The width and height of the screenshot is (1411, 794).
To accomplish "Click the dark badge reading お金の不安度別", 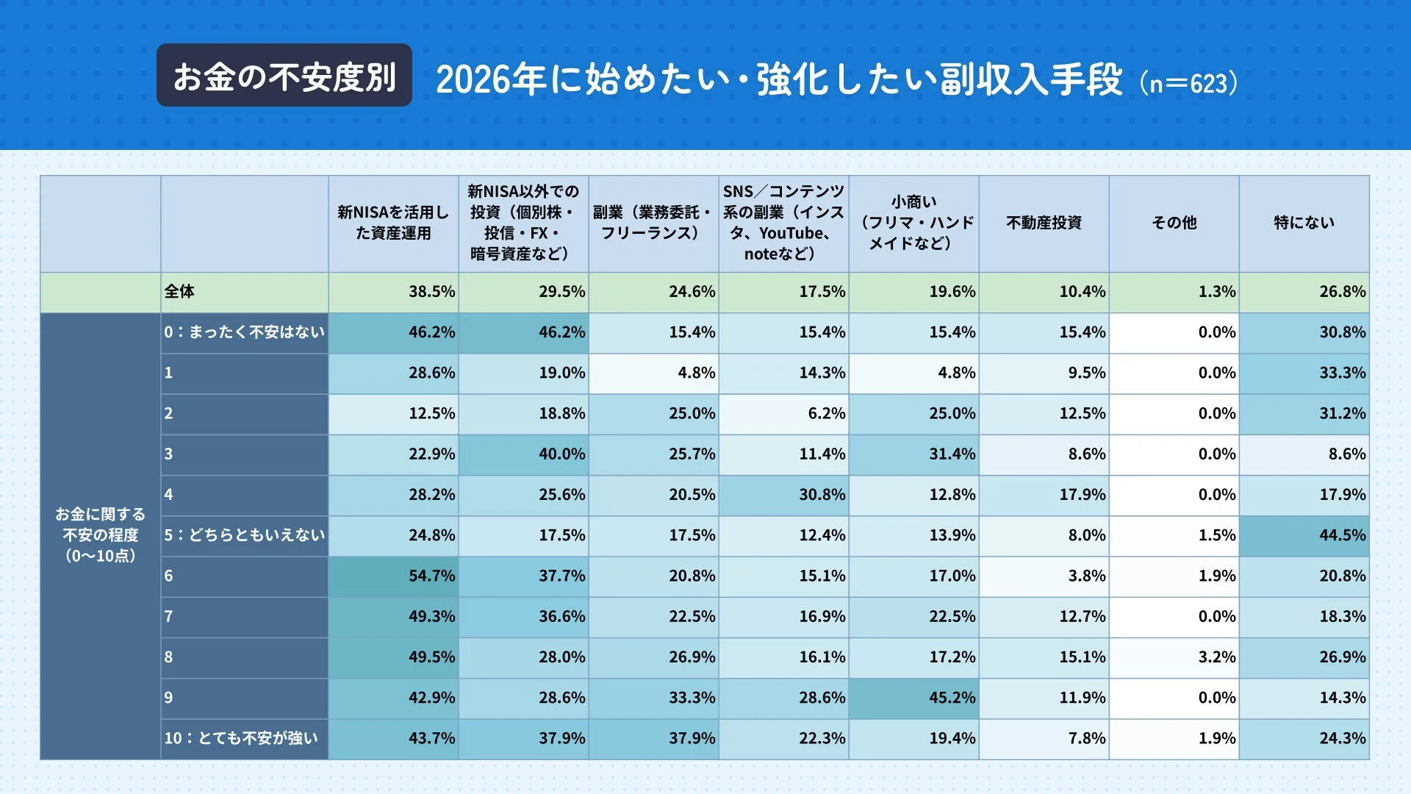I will (x=284, y=76).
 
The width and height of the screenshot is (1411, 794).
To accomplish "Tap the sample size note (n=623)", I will (x=1188, y=82).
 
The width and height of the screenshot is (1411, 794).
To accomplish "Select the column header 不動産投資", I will (x=1044, y=223).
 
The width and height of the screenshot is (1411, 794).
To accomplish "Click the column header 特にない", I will (x=1304, y=223).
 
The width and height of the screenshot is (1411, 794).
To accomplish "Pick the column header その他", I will (x=1174, y=223).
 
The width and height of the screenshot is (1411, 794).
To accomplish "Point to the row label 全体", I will (x=180, y=292).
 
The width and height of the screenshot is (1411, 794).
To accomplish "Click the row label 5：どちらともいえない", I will (x=244, y=535).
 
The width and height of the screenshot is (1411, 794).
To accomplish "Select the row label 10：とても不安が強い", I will (x=241, y=738).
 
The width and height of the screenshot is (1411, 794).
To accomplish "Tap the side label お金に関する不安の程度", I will (x=101, y=535).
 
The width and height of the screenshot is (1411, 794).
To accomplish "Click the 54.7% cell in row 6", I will (x=431, y=576).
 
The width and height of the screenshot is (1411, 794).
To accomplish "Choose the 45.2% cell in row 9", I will (x=952, y=698).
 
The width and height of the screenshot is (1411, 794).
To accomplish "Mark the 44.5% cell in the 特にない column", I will (x=1342, y=535).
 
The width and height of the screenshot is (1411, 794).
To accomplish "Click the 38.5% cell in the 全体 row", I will (x=431, y=292).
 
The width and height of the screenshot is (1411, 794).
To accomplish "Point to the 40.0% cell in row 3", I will (x=561, y=454).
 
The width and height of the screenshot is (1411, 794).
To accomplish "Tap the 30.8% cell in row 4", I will (x=822, y=495).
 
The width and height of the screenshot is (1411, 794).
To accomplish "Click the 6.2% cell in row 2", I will (x=826, y=414).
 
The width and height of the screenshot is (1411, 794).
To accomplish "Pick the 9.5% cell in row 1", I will (x=1086, y=373).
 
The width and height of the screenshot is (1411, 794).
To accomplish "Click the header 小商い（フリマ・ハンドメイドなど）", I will (x=913, y=223).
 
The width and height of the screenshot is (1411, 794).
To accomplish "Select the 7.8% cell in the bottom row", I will (x=1086, y=738).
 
